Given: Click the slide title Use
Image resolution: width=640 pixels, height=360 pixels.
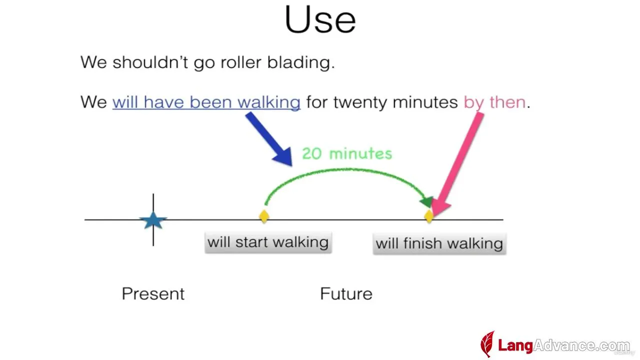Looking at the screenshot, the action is [320, 19].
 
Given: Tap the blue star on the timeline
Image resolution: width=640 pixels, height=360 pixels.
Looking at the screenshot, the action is [153, 220].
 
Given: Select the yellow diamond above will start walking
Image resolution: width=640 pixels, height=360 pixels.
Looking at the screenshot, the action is [264, 216].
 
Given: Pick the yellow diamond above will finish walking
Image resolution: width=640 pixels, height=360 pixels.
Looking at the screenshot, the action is [428, 216].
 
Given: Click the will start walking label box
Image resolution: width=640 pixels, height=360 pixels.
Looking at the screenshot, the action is [268, 242].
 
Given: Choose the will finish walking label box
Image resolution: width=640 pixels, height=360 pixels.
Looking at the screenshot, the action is [439, 243].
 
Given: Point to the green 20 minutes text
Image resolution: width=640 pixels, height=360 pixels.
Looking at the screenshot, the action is [347, 153].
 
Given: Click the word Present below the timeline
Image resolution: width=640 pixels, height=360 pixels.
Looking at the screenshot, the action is [153, 293].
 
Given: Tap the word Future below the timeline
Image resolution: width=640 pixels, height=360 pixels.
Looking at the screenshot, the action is [346, 293].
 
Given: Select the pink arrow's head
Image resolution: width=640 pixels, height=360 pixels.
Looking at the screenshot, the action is [440, 207].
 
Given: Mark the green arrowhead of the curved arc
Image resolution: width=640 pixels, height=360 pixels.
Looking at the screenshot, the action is [426, 202].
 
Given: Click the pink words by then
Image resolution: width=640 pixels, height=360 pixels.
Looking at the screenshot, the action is [494, 102].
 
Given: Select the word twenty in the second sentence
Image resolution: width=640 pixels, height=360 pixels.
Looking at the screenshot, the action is [360, 102].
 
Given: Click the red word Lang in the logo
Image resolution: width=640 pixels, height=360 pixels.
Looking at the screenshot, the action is [515, 345].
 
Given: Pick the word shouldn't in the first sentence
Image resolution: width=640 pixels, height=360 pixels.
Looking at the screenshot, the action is [150, 62].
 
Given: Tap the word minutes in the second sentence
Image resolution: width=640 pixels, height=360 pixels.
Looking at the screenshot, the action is [425, 102].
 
